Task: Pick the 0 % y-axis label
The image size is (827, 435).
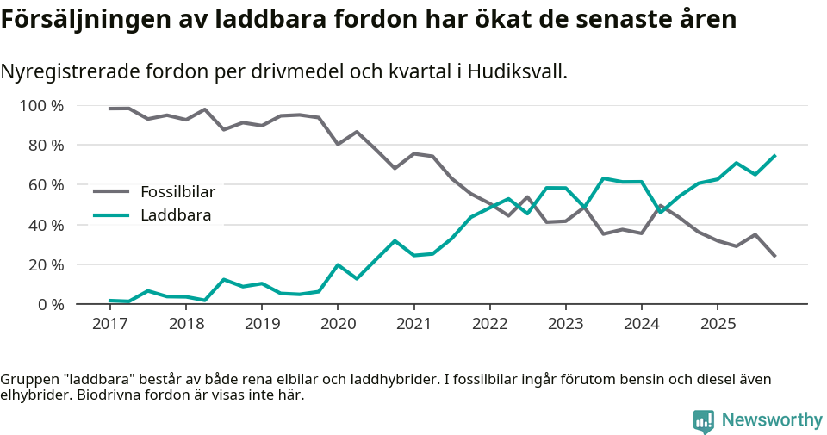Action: pyautogui.click(x=51, y=304)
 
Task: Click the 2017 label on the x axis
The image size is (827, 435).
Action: pyautogui.click(x=109, y=324)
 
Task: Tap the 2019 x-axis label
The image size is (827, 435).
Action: pyautogui.click(x=261, y=324)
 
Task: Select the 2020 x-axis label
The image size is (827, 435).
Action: pyautogui.click(x=337, y=324)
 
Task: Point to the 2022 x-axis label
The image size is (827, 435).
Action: pyautogui.click(x=489, y=324)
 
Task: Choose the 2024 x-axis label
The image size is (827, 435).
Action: pyautogui.click(x=641, y=324)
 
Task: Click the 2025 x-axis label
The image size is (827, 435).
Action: pyautogui.click(x=717, y=324)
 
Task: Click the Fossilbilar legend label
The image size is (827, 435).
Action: pyautogui.click(x=177, y=191)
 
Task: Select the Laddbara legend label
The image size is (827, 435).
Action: pyautogui.click(x=176, y=215)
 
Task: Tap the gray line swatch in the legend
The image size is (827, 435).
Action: pyautogui.click(x=111, y=191)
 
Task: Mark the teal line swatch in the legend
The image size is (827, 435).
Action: pyautogui.click(x=111, y=215)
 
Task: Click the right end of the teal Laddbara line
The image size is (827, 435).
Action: pyautogui.click(x=775, y=156)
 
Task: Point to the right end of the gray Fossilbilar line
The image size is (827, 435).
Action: pyautogui.click(x=775, y=256)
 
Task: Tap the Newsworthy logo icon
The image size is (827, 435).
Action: pyautogui.click(x=703, y=420)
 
